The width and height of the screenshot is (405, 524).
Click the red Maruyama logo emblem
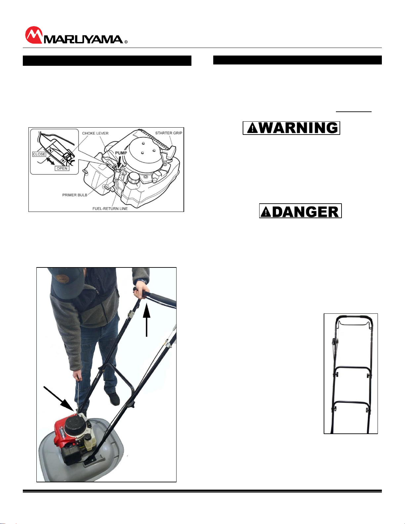click(x=34, y=35)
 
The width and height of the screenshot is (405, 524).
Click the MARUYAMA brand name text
click(x=83, y=40)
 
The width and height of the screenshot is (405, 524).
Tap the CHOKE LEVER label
click(x=95, y=133)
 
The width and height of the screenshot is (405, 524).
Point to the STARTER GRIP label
click(x=169, y=133)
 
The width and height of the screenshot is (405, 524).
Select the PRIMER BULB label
click(x=75, y=195)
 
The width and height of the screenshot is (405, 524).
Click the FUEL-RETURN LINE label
click(x=110, y=209)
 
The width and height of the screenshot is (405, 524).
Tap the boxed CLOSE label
click(x=39, y=154)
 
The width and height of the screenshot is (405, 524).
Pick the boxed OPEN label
click(x=62, y=168)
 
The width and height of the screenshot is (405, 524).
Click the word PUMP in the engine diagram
click(x=121, y=153)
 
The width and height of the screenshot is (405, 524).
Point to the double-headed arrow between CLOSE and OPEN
click(x=51, y=161)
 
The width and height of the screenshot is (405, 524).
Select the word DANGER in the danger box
click(x=306, y=212)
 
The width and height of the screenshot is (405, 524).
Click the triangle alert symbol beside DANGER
click(x=266, y=212)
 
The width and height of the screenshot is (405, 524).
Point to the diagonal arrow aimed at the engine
click(x=59, y=399)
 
